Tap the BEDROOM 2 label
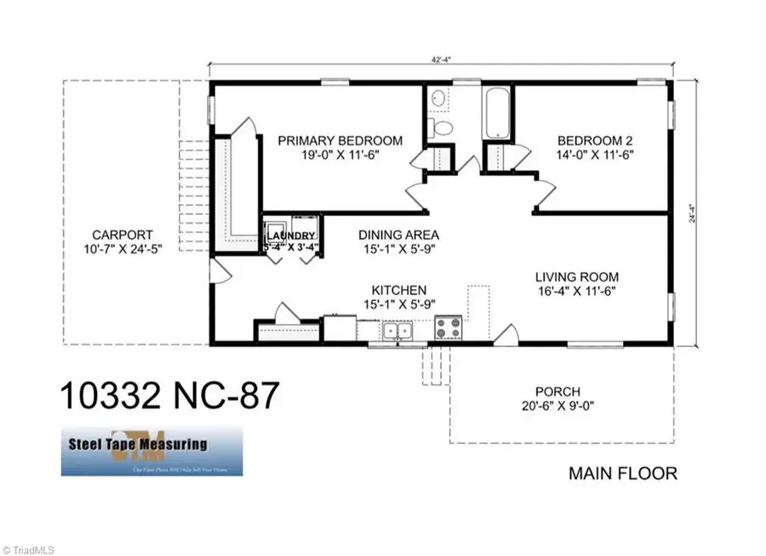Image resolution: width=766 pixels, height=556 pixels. pyautogui.click(x=594, y=140)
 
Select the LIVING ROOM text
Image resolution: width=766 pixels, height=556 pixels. pyautogui.click(x=576, y=276)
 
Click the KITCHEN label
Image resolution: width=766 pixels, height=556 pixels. pyautogui.click(x=398, y=290)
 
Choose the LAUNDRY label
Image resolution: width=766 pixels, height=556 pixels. pyautogui.click(x=292, y=235)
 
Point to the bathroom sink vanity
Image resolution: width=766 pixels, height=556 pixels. pyautogui.click(x=438, y=99)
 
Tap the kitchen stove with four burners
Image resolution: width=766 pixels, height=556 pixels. pyautogui.click(x=448, y=327)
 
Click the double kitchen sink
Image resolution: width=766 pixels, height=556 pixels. pyautogui.click(x=396, y=330)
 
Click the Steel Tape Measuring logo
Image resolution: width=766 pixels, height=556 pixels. pyautogui.click(x=151, y=451)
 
